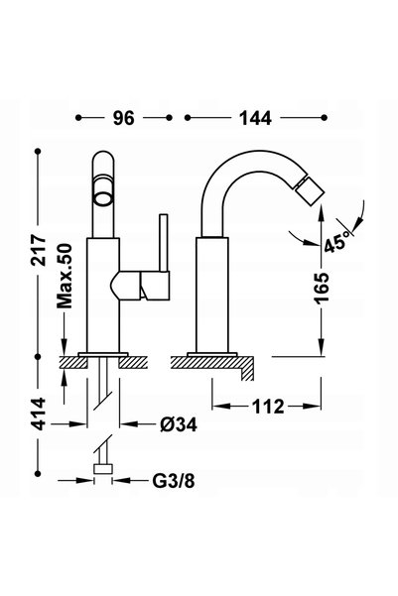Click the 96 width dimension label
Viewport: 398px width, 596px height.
tap(124, 118)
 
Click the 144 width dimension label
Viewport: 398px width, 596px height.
tap(255, 118)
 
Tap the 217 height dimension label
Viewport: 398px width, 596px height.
tap(39, 250)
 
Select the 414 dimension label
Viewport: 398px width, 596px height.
tap(39, 414)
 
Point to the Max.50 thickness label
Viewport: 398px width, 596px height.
tap(65, 276)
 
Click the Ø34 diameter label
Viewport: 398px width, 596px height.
tap(179, 424)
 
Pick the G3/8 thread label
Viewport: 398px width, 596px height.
tap(174, 481)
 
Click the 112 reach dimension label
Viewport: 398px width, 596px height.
tap(268, 407)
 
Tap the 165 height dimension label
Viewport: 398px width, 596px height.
tap(322, 288)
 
